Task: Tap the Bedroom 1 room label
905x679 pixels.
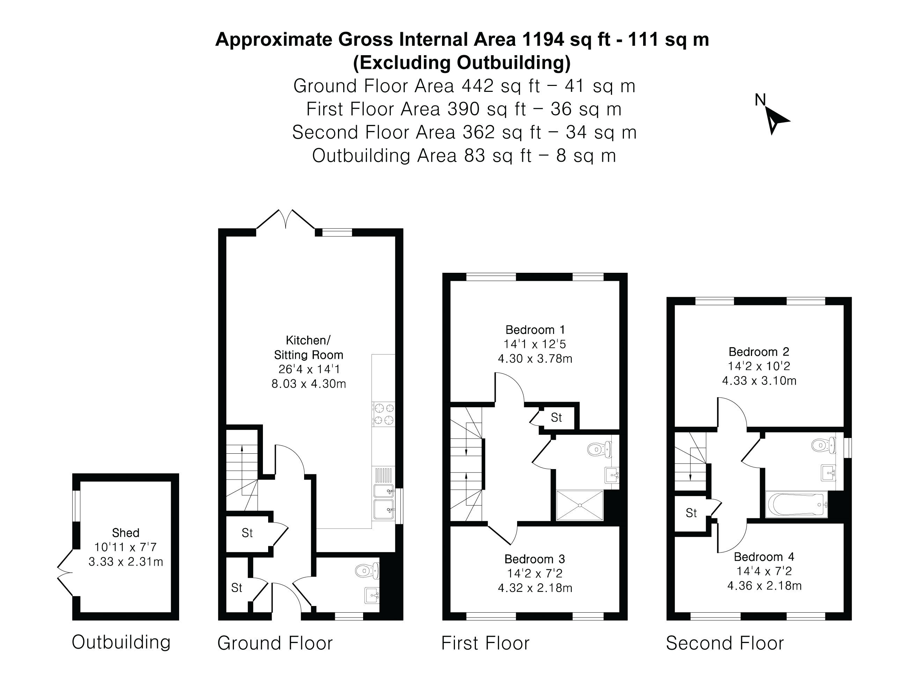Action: point(535,329)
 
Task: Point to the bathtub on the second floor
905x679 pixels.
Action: point(796,504)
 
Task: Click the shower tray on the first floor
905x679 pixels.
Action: point(580,505)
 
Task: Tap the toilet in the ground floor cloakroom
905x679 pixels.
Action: point(367,570)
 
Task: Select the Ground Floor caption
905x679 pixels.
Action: point(275,643)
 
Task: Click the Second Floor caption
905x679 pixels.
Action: point(724,643)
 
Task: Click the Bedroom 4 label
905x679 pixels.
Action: point(764,557)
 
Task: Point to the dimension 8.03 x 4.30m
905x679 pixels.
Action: point(309,384)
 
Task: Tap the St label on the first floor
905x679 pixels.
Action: point(557,417)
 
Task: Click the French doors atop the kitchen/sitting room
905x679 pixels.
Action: point(286,219)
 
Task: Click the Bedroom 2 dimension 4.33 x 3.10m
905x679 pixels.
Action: point(759,381)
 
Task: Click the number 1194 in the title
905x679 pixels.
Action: point(544,39)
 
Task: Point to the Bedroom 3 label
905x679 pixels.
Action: point(535,558)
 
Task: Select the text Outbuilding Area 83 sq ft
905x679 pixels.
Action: point(422,155)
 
